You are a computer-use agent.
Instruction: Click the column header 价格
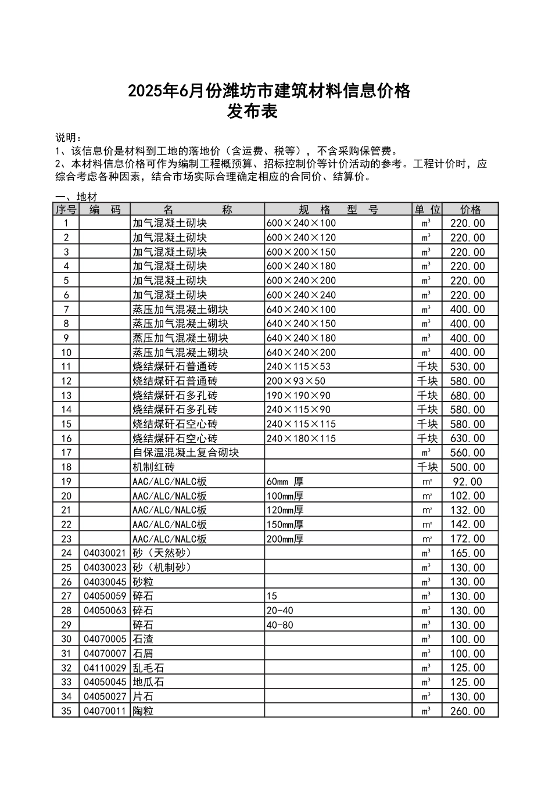(x=470, y=209)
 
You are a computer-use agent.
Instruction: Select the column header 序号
(x=66, y=209)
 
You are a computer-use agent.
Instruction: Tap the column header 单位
(x=427, y=209)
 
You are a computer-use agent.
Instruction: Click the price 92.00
(x=467, y=482)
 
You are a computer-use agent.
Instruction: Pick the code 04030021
(x=105, y=553)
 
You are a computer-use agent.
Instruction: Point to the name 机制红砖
(x=153, y=467)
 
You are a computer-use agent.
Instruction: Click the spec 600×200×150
(x=301, y=252)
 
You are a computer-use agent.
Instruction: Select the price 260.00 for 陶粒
(x=467, y=711)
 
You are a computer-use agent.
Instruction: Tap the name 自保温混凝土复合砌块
(x=186, y=453)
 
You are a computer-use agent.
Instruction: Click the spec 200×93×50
(x=296, y=381)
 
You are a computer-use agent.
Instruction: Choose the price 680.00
(x=467, y=396)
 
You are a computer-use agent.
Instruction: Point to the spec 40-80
(x=280, y=625)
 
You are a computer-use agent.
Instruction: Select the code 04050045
(x=105, y=682)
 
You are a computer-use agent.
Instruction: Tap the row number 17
(x=66, y=453)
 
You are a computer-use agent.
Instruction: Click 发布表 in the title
(x=253, y=112)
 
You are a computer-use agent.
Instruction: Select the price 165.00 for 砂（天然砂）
(x=467, y=553)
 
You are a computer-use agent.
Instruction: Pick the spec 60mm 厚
(x=285, y=482)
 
